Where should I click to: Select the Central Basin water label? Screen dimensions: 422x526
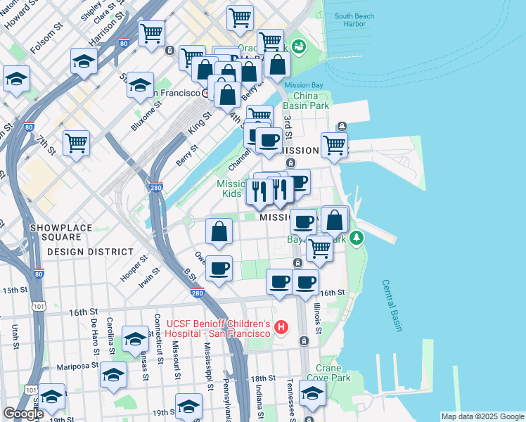pos(392,305)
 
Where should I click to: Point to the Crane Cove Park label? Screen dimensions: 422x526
pos(333,372)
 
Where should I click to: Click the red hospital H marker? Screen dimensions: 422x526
pos(282,327)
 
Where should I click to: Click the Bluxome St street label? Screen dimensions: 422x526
pos(146,115)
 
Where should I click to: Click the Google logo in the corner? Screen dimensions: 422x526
pos(23,414)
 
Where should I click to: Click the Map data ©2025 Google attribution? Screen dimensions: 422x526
pos(482,416)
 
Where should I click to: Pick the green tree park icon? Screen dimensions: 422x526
pos(357,238)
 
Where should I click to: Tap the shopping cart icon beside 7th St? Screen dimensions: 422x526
pos(76,142)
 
